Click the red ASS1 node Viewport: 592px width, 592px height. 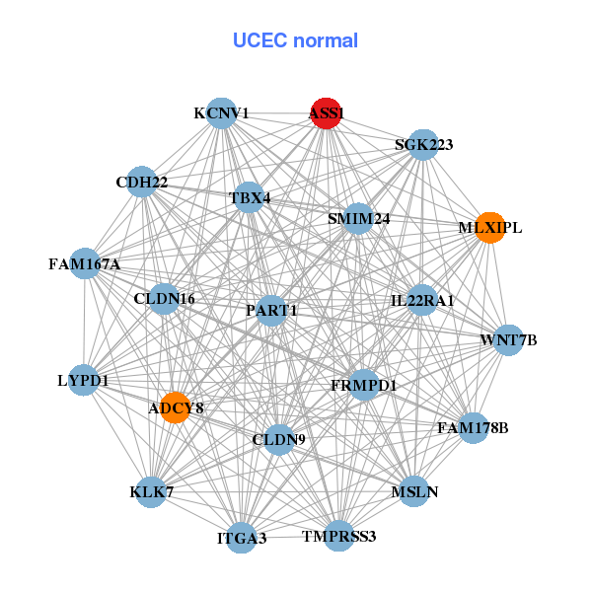[326, 113]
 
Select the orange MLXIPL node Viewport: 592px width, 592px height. [489, 228]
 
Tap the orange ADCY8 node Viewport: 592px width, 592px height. [175, 407]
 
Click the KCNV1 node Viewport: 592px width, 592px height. [221, 113]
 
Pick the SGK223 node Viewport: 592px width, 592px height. [422, 144]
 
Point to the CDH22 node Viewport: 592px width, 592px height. [141, 182]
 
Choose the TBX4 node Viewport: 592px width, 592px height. [249, 197]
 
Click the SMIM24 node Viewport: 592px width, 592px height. [358, 218]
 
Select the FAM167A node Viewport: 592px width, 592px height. [85, 263]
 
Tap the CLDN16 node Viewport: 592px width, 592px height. [164, 298]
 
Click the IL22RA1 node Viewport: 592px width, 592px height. [421, 300]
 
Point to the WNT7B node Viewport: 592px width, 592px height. [508, 340]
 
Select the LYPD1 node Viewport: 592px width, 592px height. [83, 380]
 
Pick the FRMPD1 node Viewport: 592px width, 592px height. [363, 385]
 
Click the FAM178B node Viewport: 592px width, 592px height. [474, 427]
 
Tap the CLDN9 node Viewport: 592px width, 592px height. [280, 439]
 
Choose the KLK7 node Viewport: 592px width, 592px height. [151, 491]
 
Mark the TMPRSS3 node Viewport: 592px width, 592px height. [338, 536]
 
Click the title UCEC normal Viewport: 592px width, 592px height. [295, 40]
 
